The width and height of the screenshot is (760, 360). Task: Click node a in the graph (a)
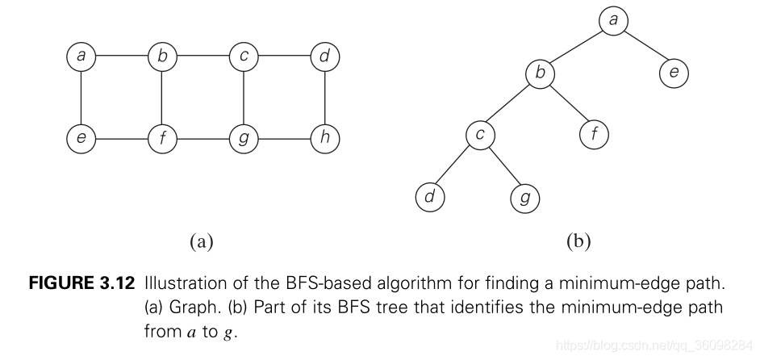point(81,57)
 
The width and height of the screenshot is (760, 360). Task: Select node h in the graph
point(325,138)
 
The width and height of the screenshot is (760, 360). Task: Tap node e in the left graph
point(81,138)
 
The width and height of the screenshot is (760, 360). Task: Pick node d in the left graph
point(325,57)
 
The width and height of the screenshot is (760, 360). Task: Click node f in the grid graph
point(162,138)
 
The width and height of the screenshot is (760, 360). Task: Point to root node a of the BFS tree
point(613,20)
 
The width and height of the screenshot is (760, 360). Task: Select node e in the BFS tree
point(674,73)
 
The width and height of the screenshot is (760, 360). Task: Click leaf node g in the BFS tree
point(525,196)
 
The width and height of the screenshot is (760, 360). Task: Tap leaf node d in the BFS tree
point(430,196)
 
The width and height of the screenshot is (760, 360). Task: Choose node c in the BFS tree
point(480,135)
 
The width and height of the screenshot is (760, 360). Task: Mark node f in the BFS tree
point(594,135)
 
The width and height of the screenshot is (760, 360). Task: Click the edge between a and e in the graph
point(81,98)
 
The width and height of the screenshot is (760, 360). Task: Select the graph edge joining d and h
point(325,98)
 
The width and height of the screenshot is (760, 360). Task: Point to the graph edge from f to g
point(203,138)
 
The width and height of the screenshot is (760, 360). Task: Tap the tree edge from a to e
point(644,47)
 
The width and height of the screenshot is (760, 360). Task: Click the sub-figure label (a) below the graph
point(201,241)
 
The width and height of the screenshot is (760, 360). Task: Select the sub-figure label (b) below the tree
point(578,241)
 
